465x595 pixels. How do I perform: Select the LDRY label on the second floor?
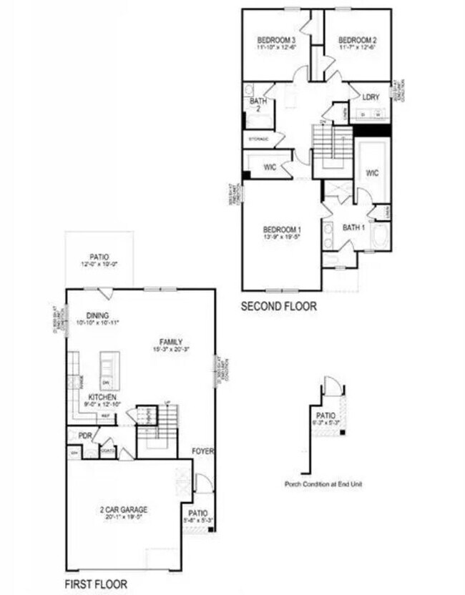[371, 96]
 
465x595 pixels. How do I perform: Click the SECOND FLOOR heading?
[278, 306]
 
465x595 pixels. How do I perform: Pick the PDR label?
[84, 435]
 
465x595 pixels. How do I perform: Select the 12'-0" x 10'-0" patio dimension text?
[99, 264]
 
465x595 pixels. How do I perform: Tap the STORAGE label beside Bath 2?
[258, 138]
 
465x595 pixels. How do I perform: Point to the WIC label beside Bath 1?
[373, 173]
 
